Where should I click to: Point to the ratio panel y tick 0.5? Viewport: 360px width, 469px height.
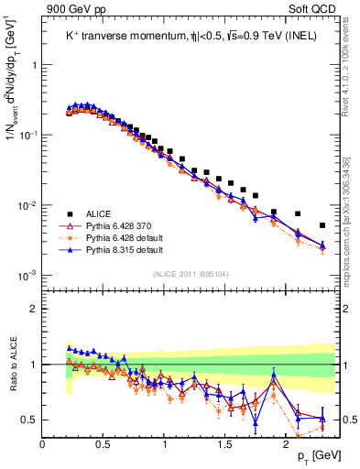click(29, 420)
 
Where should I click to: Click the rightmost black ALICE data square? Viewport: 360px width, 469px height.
click(322, 225)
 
